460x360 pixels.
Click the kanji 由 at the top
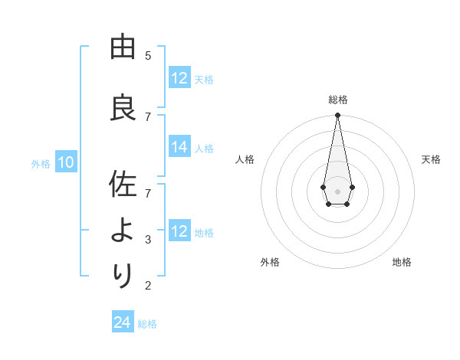122,47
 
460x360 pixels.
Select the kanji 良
122,107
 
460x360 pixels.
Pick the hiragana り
122,274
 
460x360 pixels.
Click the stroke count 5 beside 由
148,56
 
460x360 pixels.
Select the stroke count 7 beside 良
148,116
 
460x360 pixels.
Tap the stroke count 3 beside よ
148,240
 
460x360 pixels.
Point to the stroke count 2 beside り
148,286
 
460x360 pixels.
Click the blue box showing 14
179,148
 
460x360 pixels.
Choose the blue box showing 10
65,162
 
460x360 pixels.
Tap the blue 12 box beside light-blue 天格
179,78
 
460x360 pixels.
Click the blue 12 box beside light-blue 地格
179,231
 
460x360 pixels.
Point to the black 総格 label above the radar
337,100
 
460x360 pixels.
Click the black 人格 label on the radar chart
245,159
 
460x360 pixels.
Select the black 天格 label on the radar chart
431,159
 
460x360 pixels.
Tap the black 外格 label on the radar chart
270,262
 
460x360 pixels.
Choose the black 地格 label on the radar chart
402,262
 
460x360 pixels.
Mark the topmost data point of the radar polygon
337,115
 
